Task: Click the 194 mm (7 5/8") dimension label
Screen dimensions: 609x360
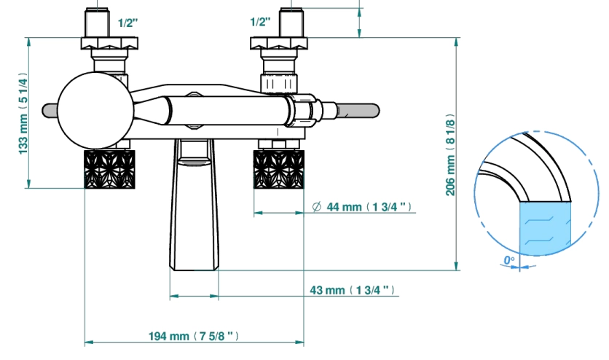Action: click(x=194, y=336)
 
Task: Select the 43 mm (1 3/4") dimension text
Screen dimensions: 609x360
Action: click(x=352, y=290)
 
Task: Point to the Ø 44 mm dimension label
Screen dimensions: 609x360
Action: click(x=361, y=207)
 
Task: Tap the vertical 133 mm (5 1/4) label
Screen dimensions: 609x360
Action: click(x=23, y=113)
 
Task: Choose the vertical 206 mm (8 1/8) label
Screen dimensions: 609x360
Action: click(x=449, y=154)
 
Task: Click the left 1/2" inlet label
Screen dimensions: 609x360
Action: click(x=127, y=23)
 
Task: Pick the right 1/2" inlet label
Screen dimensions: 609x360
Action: click(x=260, y=22)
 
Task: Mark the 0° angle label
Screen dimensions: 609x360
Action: click(x=508, y=260)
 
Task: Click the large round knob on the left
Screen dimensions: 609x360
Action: click(x=96, y=110)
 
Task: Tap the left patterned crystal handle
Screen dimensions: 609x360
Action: click(x=109, y=169)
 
